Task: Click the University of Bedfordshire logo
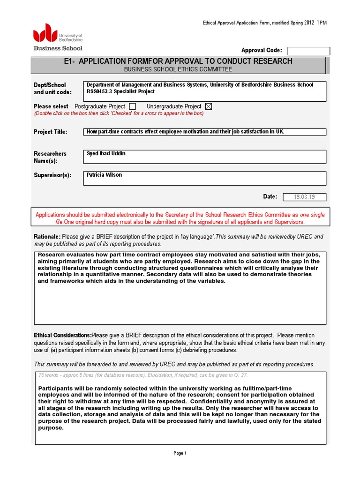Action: pyautogui.click(x=57, y=37)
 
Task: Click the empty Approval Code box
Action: pyautogui.click(x=308, y=51)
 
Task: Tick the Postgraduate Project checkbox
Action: pyautogui.click(x=132, y=106)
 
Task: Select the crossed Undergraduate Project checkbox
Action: pyautogui.click(x=209, y=106)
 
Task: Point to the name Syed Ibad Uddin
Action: pyautogui.click(x=106, y=154)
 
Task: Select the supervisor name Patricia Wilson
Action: pyautogui.click(x=105, y=175)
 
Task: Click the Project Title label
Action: pyautogui.click(x=51, y=132)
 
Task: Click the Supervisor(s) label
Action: pyautogui.click(x=52, y=175)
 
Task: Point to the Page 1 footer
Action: pyautogui.click(x=180, y=453)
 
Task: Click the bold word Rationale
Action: pyautogui.click(x=47, y=237)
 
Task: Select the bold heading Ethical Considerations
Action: pyautogui.click(x=62, y=335)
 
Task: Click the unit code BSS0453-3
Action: pyautogui.click(x=103, y=91)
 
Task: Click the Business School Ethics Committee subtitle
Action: pyautogui.click(x=178, y=69)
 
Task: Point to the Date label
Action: pyautogui.click(x=270, y=197)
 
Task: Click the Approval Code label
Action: pyautogui.click(x=262, y=50)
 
